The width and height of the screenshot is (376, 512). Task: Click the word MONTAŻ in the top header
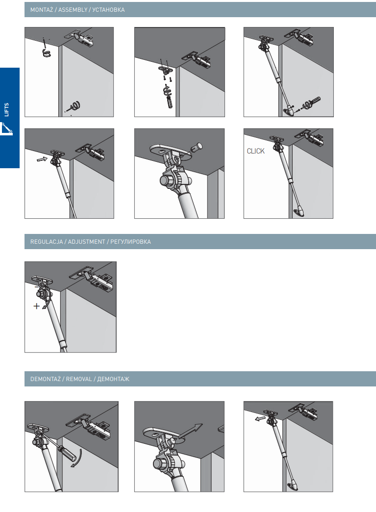42,10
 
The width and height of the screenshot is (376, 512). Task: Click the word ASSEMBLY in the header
73,10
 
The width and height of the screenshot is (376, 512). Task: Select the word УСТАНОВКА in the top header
108,10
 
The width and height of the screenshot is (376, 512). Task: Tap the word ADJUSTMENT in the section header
86,242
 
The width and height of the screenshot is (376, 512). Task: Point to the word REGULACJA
47,242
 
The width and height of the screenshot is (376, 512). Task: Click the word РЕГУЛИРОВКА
130,242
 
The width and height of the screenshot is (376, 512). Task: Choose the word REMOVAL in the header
79,379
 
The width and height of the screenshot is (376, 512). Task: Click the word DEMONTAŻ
46,379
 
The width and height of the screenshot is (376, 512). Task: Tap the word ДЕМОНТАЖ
113,379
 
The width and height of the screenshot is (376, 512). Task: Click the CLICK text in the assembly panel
255,151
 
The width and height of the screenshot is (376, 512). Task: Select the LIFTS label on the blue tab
6,110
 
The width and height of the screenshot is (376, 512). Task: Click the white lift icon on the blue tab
6,128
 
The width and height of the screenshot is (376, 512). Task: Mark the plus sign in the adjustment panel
37,306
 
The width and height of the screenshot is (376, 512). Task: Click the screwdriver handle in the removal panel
67,453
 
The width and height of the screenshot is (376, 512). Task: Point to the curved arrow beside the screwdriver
77,459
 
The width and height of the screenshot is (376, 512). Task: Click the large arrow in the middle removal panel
190,431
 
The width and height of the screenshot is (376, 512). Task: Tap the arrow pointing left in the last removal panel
260,418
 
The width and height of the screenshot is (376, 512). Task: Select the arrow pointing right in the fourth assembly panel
42,159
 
